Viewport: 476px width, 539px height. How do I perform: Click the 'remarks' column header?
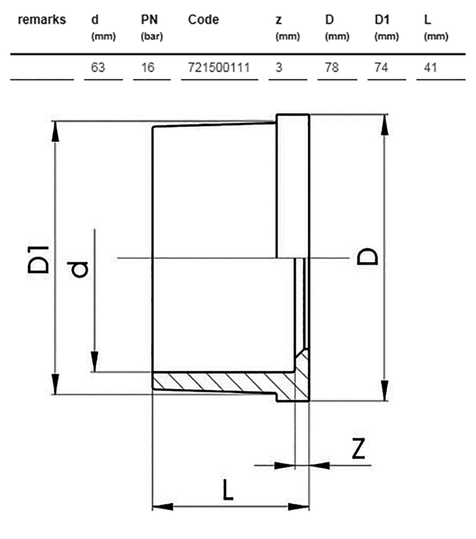[x=41, y=19]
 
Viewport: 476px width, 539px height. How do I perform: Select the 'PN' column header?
[x=150, y=19]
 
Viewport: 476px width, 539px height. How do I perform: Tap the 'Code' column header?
[x=204, y=19]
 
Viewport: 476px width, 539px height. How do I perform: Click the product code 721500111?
[x=219, y=67]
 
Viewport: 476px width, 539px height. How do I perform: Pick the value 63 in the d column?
[x=98, y=67]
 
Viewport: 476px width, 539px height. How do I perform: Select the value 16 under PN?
[x=148, y=67]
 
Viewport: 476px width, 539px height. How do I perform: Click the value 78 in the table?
[x=332, y=67]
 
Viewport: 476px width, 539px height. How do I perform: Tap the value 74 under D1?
[x=381, y=67]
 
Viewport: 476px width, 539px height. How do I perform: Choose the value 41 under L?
[x=431, y=67]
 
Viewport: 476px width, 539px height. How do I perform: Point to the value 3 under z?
[x=279, y=67]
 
